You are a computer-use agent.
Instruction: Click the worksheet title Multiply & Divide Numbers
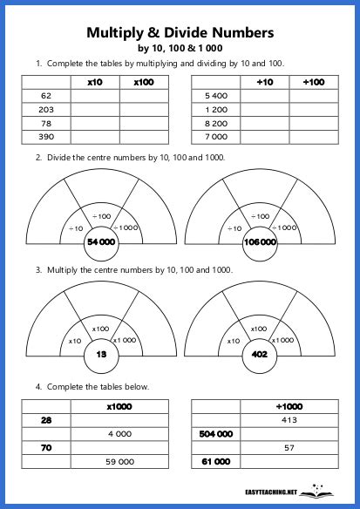click(x=180, y=33)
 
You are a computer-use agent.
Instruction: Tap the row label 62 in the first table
click(x=47, y=95)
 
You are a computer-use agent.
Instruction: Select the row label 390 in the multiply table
click(x=47, y=137)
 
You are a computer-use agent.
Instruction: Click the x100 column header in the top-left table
click(x=143, y=81)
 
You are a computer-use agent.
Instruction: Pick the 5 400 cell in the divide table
click(x=215, y=95)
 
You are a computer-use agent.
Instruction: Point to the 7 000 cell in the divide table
click(x=215, y=137)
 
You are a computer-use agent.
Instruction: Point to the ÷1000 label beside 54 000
click(x=126, y=227)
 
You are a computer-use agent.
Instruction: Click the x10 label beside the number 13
click(x=75, y=340)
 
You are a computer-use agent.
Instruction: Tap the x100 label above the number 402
click(x=259, y=329)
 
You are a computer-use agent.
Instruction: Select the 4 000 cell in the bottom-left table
click(x=119, y=433)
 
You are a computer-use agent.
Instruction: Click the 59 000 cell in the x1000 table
click(x=119, y=461)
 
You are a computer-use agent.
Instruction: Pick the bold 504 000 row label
click(x=216, y=433)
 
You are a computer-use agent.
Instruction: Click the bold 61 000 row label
click(x=216, y=461)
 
